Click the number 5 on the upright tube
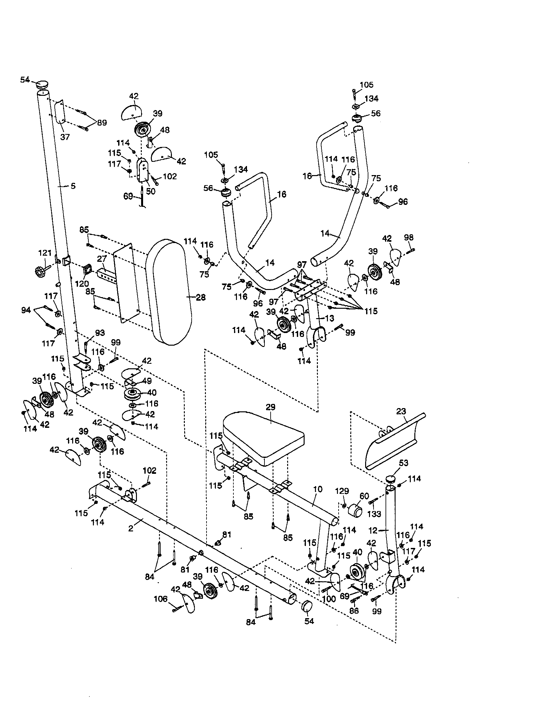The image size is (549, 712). tap(73, 186)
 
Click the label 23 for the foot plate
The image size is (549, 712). tap(401, 411)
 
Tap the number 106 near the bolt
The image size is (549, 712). tap(161, 599)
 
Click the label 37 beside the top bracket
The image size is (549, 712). tap(65, 137)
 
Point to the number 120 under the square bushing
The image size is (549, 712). tap(82, 283)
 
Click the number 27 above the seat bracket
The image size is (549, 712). tap(102, 259)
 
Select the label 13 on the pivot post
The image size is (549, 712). tap(330, 318)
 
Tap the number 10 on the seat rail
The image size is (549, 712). tap(318, 489)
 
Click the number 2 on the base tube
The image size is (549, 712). tap(130, 528)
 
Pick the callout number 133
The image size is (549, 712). tap(374, 514)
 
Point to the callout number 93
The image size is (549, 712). tap(100, 333)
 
